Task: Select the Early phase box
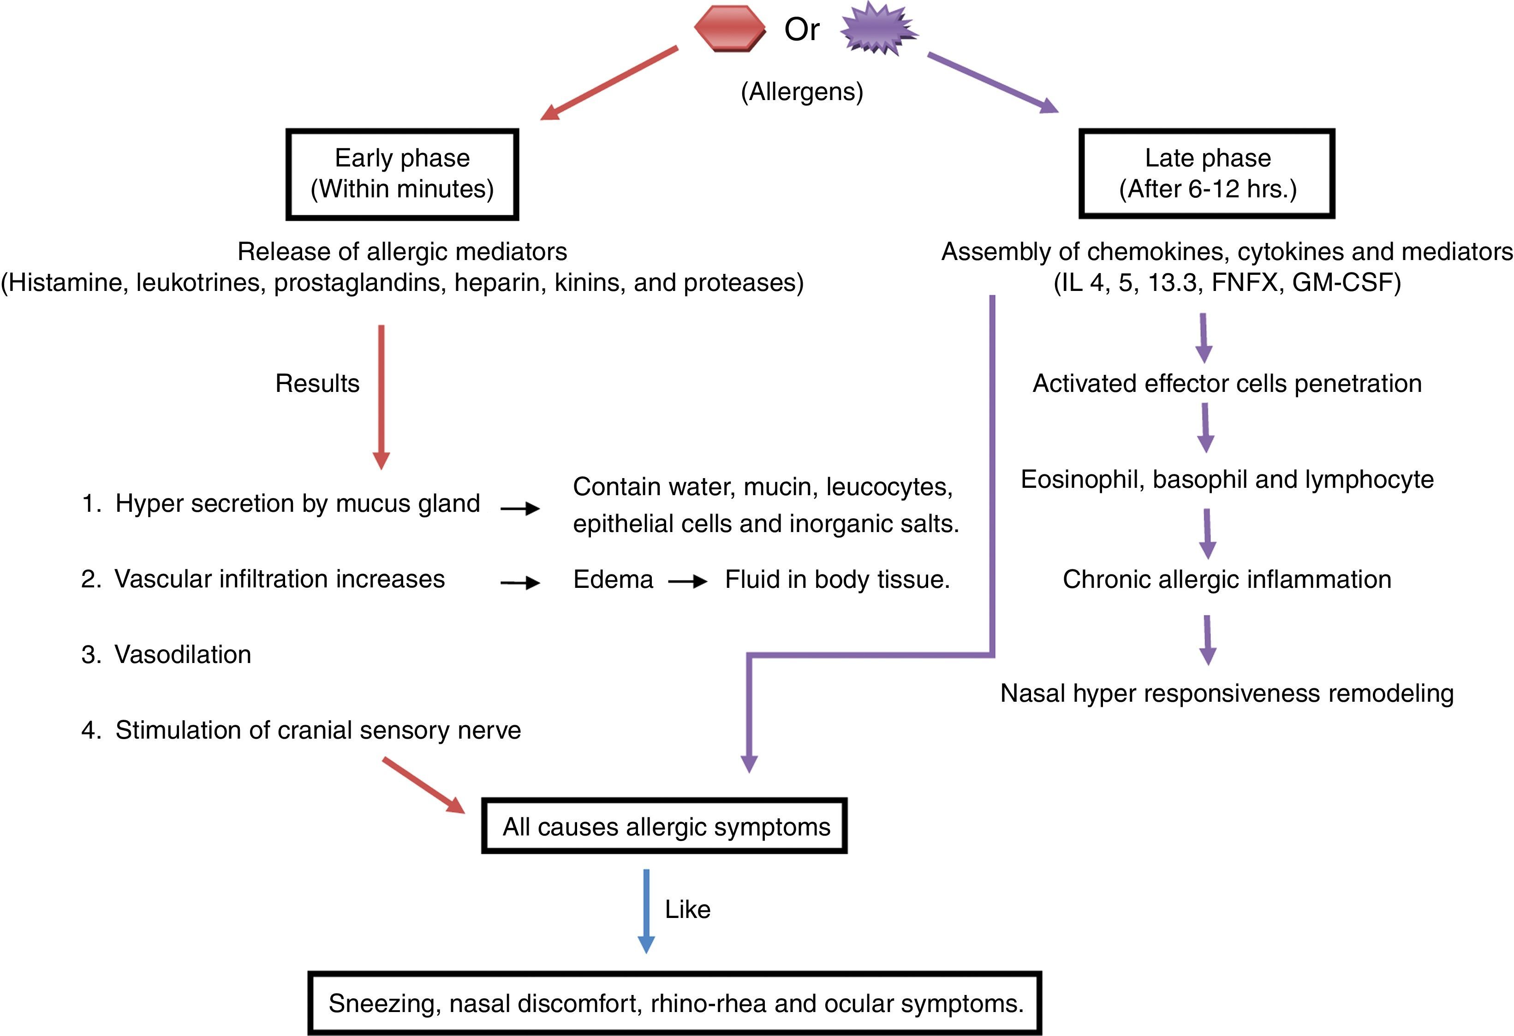point(402,174)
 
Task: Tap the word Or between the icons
point(801,30)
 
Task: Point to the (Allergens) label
point(802,92)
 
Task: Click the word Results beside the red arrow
point(317,384)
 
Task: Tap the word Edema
point(613,580)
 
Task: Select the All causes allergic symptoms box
point(664,826)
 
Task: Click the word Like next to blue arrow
point(687,910)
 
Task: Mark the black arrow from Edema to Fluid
point(688,581)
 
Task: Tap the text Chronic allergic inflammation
point(1227,580)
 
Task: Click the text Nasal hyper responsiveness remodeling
point(1227,693)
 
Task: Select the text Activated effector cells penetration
point(1227,384)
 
